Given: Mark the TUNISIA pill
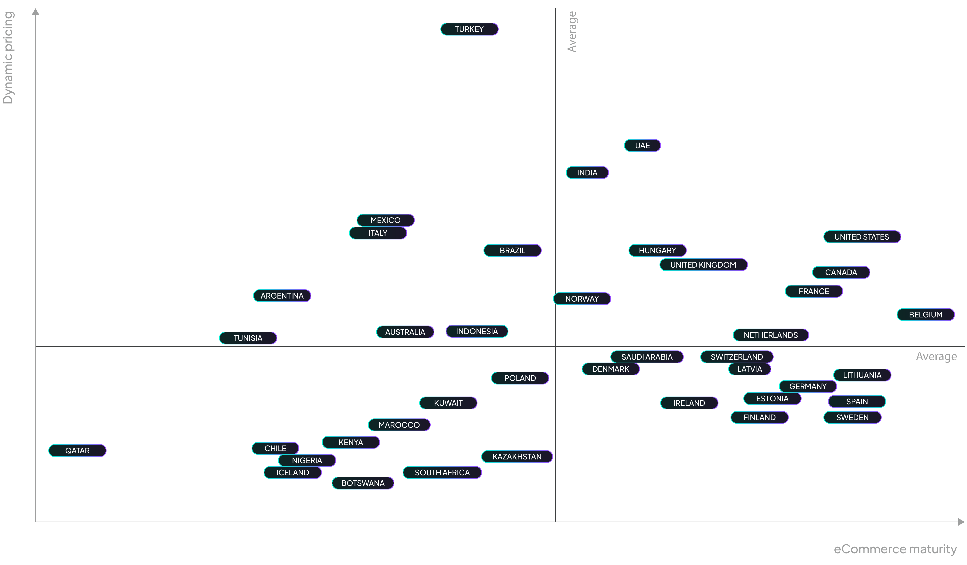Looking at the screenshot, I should (x=248, y=338).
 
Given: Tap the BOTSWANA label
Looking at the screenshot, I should (x=363, y=483).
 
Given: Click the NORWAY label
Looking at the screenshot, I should (x=582, y=299).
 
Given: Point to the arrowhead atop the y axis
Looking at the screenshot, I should (x=36, y=12).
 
